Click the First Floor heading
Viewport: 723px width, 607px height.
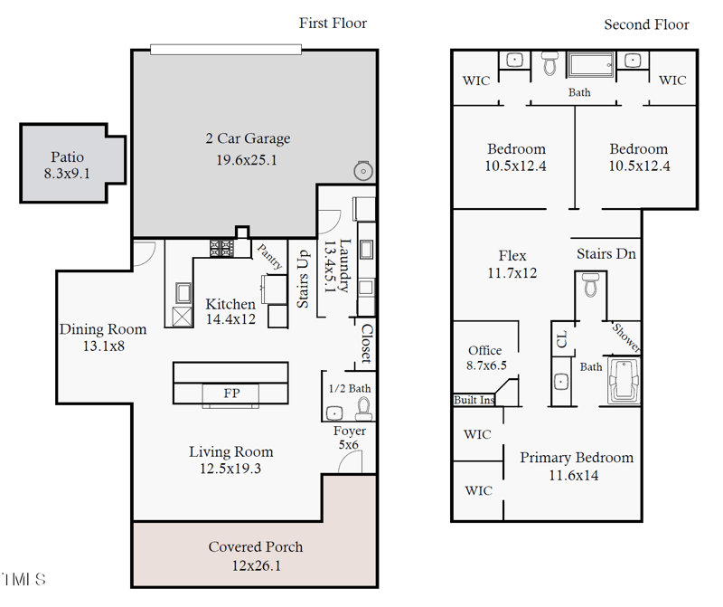coord(333,24)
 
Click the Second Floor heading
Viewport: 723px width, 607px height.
coord(646,24)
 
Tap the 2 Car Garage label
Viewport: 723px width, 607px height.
coord(248,138)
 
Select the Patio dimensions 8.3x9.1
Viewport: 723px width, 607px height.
coord(67,174)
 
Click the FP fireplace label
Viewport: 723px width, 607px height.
coord(231,393)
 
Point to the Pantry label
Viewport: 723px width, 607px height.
coord(269,257)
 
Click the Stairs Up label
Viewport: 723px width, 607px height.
coord(303,279)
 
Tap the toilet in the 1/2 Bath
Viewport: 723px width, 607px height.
coord(364,409)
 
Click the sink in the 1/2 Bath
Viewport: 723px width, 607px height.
coord(333,413)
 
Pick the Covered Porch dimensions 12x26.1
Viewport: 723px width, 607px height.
coord(256,565)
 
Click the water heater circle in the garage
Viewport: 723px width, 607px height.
coord(363,171)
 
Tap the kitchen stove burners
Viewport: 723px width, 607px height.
coord(221,249)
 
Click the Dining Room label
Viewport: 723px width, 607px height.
coord(103,329)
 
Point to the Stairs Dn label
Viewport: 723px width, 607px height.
coord(606,254)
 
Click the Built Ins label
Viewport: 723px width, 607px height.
coord(474,400)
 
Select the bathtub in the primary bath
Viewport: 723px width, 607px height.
coord(624,381)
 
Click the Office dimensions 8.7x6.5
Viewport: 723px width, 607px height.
coord(486,365)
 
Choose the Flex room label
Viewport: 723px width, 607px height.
coord(512,256)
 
